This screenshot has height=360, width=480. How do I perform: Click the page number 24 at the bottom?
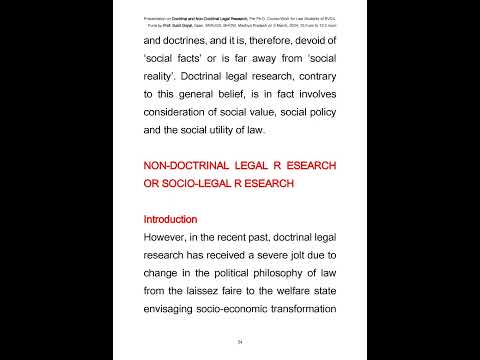pos(240,341)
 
